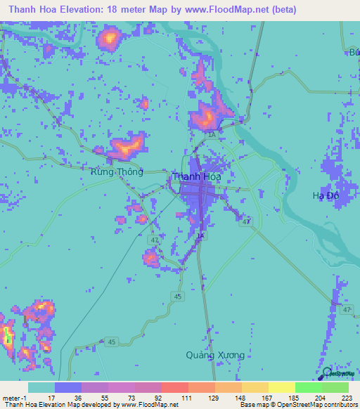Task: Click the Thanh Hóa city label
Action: tap(197, 177)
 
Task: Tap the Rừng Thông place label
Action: tap(117, 171)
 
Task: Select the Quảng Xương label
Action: tap(215, 355)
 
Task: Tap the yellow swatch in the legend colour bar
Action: tap(281, 387)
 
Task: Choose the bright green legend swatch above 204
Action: tap(308, 387)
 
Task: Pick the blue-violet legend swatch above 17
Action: tap(68, 387)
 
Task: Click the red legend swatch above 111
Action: tap(174, 387)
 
